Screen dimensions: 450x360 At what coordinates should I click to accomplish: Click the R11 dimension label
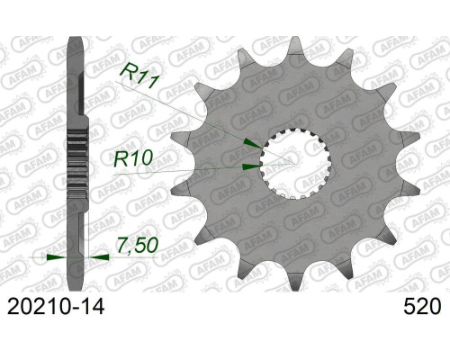139,76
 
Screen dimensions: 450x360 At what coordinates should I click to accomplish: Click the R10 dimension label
133,158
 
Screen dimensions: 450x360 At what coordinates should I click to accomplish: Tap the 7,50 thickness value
138,246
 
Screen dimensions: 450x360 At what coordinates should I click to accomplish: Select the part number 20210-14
56,307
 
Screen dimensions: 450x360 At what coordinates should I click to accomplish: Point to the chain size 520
422,307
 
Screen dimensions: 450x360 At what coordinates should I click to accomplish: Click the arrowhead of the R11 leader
254,143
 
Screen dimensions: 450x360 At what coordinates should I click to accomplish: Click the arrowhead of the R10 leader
252,166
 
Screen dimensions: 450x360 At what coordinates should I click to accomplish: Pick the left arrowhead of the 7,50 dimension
57,257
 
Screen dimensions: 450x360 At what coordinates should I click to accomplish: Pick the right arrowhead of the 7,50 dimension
99,257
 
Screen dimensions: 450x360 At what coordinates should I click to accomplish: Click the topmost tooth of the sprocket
295,45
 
